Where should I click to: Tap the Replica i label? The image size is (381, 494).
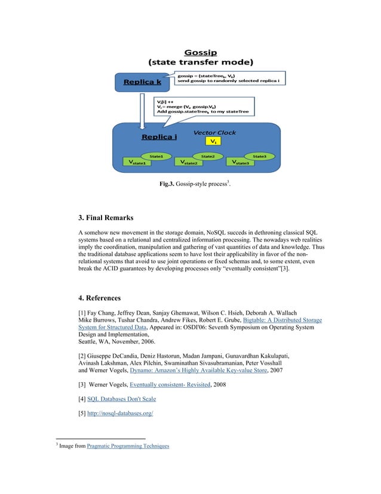coord(159,137)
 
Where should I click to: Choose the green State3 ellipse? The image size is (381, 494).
coord(259,156)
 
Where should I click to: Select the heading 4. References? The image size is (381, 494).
coord(100,297)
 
